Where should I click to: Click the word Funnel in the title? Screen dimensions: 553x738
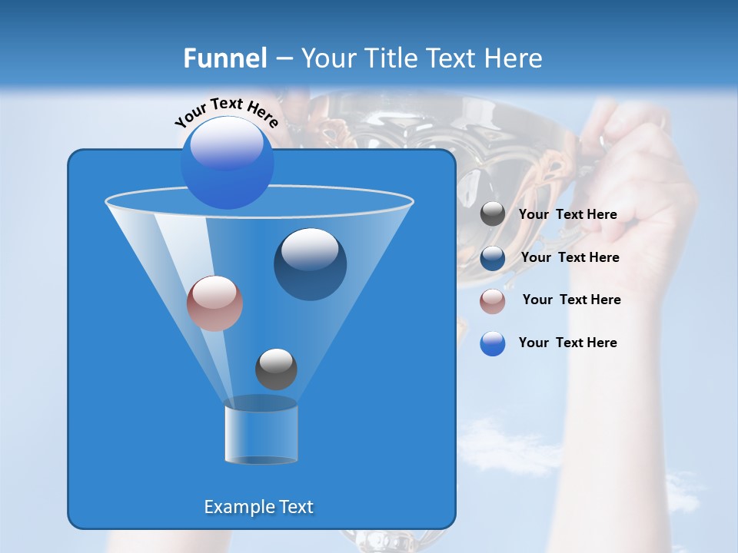coord(224,58)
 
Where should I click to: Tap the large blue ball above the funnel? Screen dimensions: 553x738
coord(227,162)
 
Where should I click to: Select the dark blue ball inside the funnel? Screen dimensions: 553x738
coord(310,263)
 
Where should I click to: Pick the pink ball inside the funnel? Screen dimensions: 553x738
coord(214,303)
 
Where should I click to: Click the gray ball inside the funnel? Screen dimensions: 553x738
coord(276,369)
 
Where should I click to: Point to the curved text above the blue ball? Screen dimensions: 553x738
coord(226,111)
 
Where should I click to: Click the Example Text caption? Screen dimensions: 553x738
coord(258,507)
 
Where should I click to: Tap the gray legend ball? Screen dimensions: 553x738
coord(493,214)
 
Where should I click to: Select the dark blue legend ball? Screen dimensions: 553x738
coord(493,258)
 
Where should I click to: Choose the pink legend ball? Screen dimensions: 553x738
coord(493,301)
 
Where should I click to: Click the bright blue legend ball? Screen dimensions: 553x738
coord(493,343)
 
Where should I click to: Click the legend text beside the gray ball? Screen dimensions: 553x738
coord(567,214)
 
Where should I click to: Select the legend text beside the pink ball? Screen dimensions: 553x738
coord(571,300)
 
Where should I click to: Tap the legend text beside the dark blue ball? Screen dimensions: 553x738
coord(570,257)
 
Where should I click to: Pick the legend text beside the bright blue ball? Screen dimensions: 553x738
coord(567,343)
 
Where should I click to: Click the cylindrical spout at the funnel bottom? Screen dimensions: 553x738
coord(261,434)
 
